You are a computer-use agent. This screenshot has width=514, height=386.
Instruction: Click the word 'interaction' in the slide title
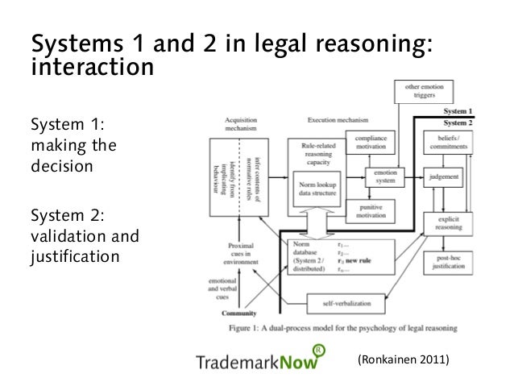coord(90,66)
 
